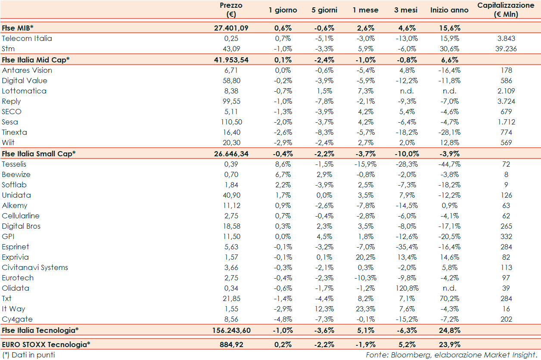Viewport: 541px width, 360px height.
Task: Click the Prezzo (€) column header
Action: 231,9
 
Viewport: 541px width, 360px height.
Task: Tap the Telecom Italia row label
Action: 27,38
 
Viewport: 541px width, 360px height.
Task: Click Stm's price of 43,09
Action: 231,49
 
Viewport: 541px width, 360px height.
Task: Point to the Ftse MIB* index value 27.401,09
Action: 231,28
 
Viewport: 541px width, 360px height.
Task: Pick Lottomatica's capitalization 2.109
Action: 506,91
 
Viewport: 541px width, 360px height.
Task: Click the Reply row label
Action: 11,101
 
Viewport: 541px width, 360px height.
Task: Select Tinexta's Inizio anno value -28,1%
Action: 449,132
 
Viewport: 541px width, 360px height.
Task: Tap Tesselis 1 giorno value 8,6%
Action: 283,164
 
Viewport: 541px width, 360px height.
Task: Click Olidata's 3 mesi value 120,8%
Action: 405,288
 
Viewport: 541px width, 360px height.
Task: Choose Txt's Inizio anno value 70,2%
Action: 449,298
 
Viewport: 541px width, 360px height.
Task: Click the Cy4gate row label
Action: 17,319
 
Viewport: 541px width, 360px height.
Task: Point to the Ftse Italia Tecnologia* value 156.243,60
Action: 231,330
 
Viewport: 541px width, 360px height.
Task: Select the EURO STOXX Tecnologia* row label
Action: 46,344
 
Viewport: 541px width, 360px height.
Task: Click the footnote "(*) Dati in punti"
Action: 28,355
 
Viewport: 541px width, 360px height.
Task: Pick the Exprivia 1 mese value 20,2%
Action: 365,257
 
